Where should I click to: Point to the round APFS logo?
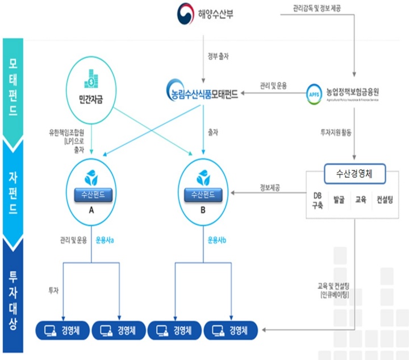pyautogui.click(x=312, y=92)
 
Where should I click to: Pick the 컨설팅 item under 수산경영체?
pyautogui.click(x=388, y=201)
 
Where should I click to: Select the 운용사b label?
pyautogui.click(x=217, y=239)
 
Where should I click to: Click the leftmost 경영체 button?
pyautogui.click(x=63, y=330)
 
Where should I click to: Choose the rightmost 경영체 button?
pyautogui.click(x=231, y=330)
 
